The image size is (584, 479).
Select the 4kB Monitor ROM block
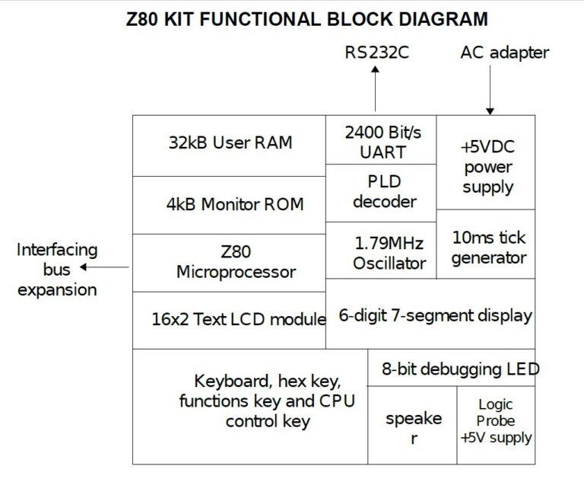click(x=229, y=204)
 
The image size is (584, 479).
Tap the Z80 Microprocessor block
click(x=229, y=262)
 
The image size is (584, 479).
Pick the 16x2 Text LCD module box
click(x=229, y=320)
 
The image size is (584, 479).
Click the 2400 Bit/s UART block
click(x=381, y=140)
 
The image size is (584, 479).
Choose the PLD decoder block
click(x=381, y=192)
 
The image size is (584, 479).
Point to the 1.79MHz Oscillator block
click(x=381, y=251)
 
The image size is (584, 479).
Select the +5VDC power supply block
click(x=487, y=163)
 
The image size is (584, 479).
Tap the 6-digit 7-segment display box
click(x=430, y=314)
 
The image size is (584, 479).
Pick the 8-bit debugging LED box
click(x=452, y=369)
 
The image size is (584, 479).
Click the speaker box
click(x=412, y=426)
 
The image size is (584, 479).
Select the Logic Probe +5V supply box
click(x=496, y=423)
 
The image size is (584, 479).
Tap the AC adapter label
click(x=504, y=53)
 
